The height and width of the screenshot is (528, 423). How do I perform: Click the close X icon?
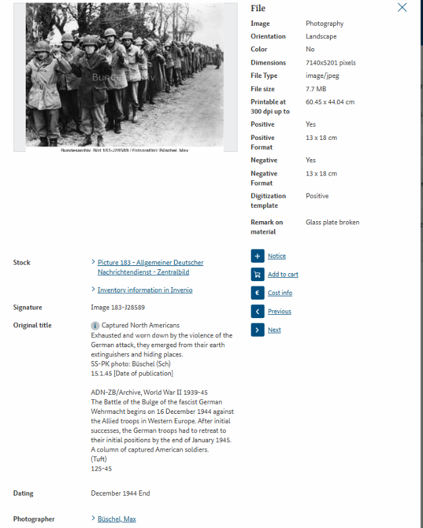pyautogui.click(x=402, y=8)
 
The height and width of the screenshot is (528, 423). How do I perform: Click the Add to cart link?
pyautogui.click(x=282, y=275)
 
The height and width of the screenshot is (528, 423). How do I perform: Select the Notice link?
pyautogui.click(x=277, y=256)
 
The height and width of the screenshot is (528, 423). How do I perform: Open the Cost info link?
pyautogui.click(x=280, y=293)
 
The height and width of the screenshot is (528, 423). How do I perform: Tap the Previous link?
pyautogui.click(x=279, y=312)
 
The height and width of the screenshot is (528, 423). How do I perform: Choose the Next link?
pyautogui.click(x=274, y=330)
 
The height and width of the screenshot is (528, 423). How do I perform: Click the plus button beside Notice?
pyautogui.click(x=257, y=256)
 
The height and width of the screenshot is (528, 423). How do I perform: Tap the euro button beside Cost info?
pyautogui.click(x=257, y=293)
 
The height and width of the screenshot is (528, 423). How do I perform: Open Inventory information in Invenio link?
pyautogui.click(x=145, y=290)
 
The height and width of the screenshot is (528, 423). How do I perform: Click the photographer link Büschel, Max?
pyautogui.click(x=116, y=519)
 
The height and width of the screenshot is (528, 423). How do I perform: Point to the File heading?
pyautogui.click(x=258, y=9)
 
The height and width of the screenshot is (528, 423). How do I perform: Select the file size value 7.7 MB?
pyautogui.click(x=315, y=89)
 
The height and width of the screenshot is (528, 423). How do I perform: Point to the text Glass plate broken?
pyautogui.click(x=333, y=222)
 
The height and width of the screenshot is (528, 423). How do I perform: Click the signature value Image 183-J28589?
pyautogui.click(x=117, y=308)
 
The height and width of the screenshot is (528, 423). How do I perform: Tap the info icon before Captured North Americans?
pyautogui.click(x=95, y=325)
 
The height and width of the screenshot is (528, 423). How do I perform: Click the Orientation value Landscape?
pyautogui.click(x=321, y=36)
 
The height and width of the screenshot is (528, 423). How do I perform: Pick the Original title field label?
pyautogui.click(x=32, y=325)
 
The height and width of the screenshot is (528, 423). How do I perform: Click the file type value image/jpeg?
pyautogui.click(x=322, y=76)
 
